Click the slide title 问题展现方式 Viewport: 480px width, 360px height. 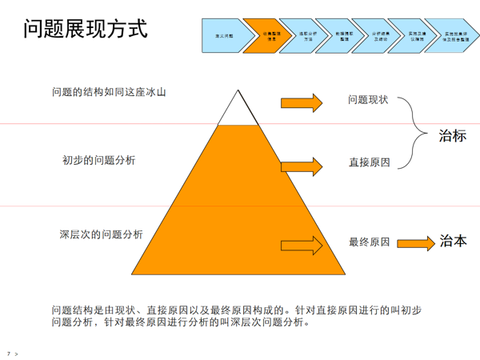point(86,30)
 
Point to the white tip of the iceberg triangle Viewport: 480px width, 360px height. point(238,112)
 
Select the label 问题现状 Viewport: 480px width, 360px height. point(369,100)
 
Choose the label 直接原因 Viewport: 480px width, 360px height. point(369,162)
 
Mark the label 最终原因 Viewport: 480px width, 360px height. point(369,242)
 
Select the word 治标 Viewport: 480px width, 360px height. point(452,136)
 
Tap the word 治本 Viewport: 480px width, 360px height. point(453,241)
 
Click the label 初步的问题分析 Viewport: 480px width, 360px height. point(98,160)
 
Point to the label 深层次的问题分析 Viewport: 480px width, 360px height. point(101,234)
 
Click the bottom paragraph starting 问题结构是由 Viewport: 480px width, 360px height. point(236,317)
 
